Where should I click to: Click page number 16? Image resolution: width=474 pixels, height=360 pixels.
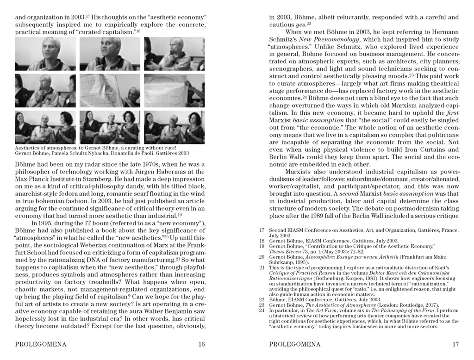[201, 344]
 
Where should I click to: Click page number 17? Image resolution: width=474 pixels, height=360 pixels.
[455, 344]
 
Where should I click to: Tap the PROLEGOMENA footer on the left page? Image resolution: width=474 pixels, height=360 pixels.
[41, 344]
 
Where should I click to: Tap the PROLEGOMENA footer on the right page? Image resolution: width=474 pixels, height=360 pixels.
[294, 344]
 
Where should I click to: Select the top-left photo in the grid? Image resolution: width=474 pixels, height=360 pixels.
[45, 54]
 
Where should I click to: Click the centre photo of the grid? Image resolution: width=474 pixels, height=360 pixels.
[110, 91]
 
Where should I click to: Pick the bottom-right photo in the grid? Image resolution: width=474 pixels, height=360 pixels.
[174, 127]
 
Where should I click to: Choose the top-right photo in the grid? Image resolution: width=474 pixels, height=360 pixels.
[174, 54]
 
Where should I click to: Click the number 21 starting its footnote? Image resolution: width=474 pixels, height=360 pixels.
[262, 268]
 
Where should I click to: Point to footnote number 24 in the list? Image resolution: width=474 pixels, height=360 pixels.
[262, 310]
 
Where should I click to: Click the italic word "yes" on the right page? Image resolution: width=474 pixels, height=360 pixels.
[301, 25]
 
